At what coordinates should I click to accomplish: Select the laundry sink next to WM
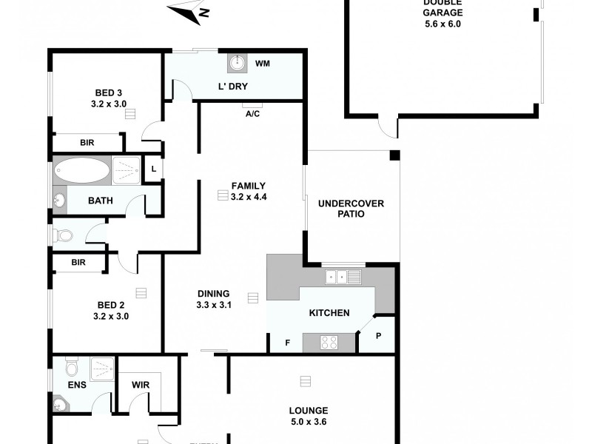tap(238, 64)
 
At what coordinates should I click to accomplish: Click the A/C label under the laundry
tap(252, 113)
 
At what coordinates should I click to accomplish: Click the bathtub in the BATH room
tap(82, 171)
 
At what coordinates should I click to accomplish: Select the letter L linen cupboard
tap(153, 169)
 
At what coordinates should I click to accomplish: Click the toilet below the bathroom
tap(64, 236)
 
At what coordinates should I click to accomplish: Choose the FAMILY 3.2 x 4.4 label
tap(248, 191)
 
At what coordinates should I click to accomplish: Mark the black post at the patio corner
tap(394, 155)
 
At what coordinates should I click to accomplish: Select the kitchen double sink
tap(343, 277)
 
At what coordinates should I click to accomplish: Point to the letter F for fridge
tap(288, 343)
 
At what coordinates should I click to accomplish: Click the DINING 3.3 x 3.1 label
tap(215, 298)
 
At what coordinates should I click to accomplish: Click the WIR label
tap(141, 384)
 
